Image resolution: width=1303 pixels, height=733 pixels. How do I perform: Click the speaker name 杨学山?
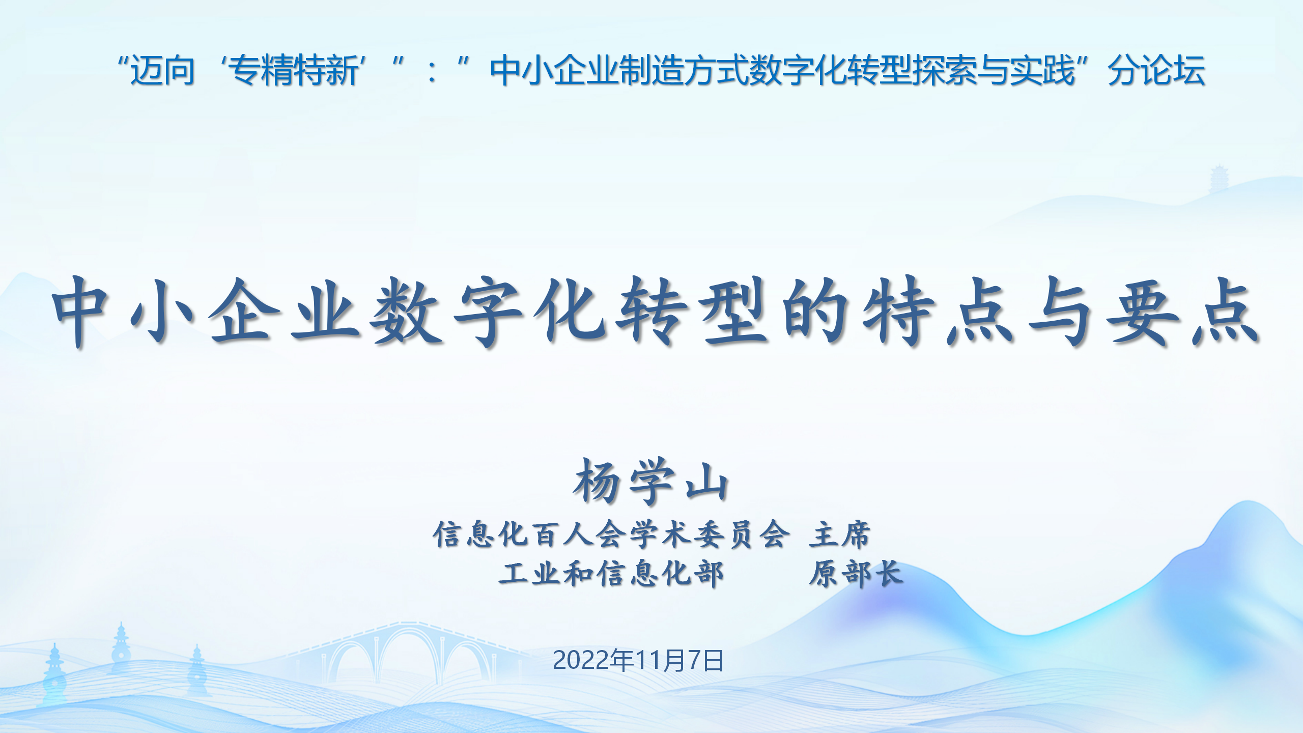[651, 481]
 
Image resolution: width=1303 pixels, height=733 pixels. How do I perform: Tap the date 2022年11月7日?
[638, 661]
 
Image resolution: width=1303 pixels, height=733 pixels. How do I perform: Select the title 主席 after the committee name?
[840, 534]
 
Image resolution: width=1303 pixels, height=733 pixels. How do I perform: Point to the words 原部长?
[856, 574]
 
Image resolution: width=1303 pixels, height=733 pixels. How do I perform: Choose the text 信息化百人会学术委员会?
[611, 534]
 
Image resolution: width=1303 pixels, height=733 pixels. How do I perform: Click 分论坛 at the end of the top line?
[1156, 70]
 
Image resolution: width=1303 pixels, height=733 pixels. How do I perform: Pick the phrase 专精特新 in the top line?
[295, 70]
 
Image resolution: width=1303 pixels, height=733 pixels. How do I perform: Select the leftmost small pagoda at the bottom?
[54, 672]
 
